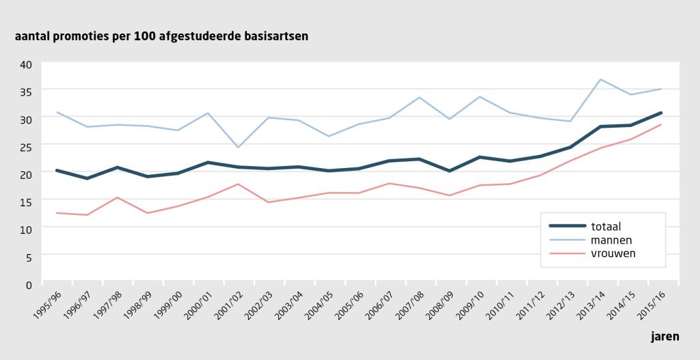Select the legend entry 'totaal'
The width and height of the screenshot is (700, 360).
[606, 226]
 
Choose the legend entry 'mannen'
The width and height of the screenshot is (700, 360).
[612, 240]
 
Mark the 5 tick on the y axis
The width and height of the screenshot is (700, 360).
[29, 257]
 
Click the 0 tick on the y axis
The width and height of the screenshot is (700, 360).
[29, 283]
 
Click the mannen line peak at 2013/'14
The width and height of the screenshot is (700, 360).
[600, 79]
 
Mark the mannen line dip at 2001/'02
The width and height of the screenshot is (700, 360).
[238, 148]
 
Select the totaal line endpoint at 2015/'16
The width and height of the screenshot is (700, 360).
[661, 113]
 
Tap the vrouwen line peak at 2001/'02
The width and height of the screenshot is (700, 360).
[238, 184]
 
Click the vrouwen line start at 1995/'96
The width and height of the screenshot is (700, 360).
[57, 212]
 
